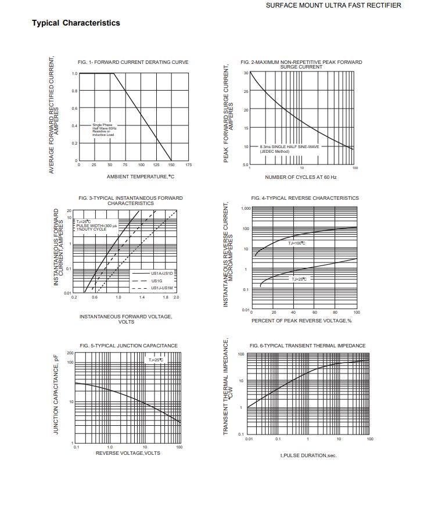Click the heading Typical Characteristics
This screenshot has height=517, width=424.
tap(76, 23)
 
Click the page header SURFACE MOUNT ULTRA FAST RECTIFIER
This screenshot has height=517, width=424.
tap(333, 5)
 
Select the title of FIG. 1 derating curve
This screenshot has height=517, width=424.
tap(133, 62)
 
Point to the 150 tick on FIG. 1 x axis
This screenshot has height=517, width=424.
tap(171, 165)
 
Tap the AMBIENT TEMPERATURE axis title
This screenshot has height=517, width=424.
tap(141, 177)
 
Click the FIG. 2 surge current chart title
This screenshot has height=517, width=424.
tap(301, 64)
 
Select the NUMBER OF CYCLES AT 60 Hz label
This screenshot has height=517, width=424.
tap(300, 177)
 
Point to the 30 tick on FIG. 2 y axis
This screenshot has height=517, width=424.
tap(246, 73)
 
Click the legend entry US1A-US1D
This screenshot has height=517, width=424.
tap(162, 273)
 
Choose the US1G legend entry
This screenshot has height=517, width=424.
tap(156, 281)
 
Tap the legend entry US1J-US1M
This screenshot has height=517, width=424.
tap(162, 288)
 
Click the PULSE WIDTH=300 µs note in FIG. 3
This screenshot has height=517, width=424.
tap(96, 225)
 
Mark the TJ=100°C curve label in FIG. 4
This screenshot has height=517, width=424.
tap(297, 243)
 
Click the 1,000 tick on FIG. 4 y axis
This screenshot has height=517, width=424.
tap(245, 208)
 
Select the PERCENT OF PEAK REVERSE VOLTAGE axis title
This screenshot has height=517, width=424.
tap(301, 321)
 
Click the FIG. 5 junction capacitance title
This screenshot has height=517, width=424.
tap(129, 346)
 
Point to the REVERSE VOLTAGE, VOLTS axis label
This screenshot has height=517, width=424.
tap(128, 453)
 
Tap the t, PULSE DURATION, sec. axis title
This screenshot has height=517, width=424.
tap(308, 455)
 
